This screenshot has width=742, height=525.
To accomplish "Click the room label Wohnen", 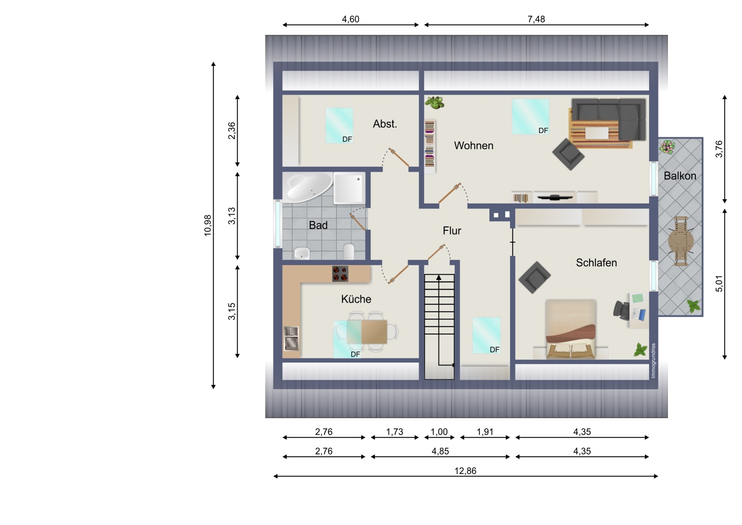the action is (473, 145).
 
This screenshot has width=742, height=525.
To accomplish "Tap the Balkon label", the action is (680, 175).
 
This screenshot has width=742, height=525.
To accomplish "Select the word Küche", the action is (356, 299).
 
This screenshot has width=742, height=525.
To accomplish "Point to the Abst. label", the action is (385, 124).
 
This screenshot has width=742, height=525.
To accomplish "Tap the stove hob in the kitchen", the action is (340, 273).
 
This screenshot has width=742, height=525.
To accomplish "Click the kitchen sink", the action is (291, 338).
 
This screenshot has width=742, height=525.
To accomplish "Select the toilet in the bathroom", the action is (349, 252).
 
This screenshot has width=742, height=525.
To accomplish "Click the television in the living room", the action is (555, 197).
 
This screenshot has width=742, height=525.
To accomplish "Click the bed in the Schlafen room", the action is (571, 329).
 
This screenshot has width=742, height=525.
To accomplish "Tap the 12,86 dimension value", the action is (465, 471).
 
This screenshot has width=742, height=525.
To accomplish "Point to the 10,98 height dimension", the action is (208, 225).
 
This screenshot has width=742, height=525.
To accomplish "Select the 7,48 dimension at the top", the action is (536, 19).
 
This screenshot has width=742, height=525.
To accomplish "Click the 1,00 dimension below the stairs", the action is (439, 432).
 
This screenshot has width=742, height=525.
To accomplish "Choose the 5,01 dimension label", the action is (719, 284).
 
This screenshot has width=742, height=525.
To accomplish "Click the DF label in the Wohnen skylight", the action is (543, 131).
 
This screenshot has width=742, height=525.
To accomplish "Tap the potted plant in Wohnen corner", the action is (435, 103).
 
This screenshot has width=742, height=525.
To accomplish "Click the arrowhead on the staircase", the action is (439, 277).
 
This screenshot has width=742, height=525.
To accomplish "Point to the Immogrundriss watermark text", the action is (653, 361).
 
